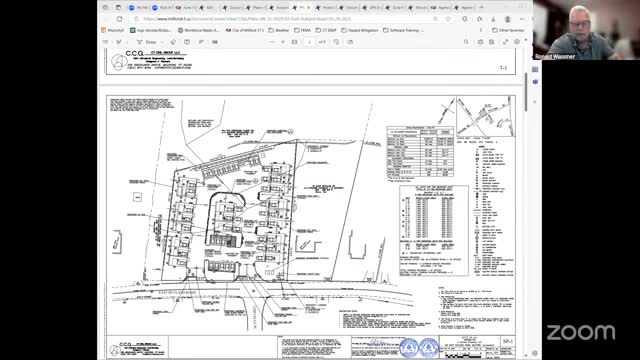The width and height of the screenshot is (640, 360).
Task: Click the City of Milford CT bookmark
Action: tap(245, 31)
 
